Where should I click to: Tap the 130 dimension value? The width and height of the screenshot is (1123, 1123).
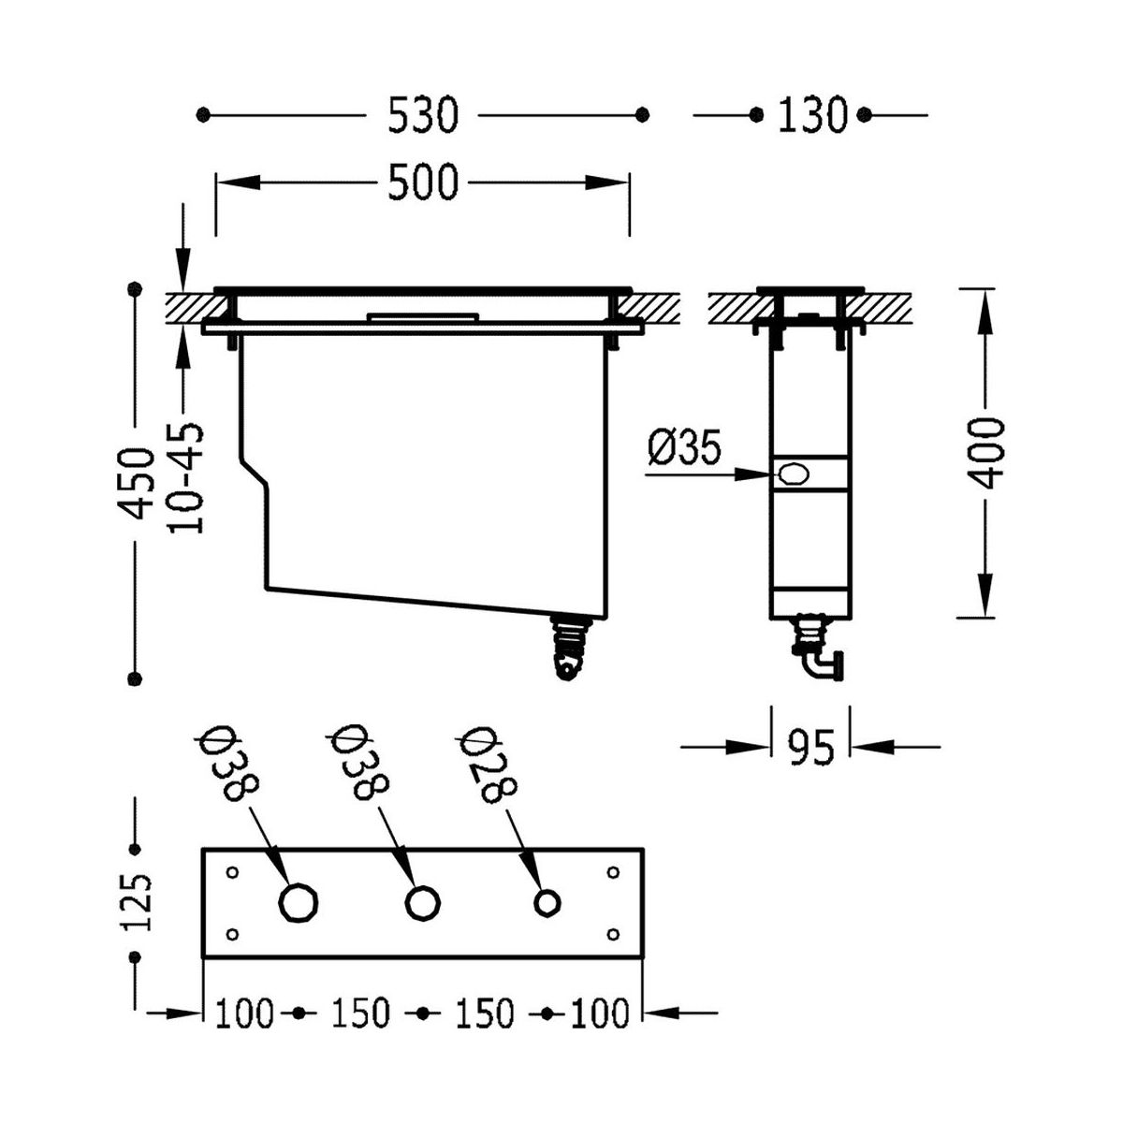(811, 115)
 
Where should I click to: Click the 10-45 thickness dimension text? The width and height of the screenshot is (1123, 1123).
(186, 478)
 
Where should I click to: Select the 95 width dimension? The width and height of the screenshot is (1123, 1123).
(810, 747)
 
